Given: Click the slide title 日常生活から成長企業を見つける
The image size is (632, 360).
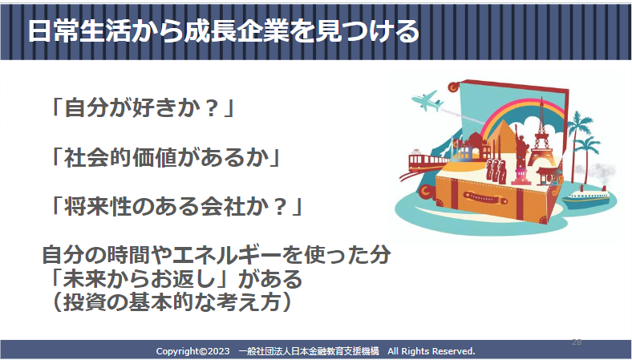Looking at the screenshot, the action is [224, 31].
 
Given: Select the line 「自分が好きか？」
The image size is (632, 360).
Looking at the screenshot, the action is [141, 108].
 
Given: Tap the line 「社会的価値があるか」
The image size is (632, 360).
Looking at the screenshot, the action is [165, 157].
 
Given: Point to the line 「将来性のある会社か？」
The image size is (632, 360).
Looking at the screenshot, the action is [176, 206].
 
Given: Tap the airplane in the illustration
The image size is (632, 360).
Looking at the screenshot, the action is [427, 101].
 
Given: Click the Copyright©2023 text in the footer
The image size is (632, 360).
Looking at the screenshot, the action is [192, 351].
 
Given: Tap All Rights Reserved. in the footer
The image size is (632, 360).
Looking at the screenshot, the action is [431, 351].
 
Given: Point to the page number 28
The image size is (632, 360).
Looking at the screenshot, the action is [577, 342].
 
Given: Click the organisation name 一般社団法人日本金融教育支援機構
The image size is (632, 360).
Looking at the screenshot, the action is [309, 351].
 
